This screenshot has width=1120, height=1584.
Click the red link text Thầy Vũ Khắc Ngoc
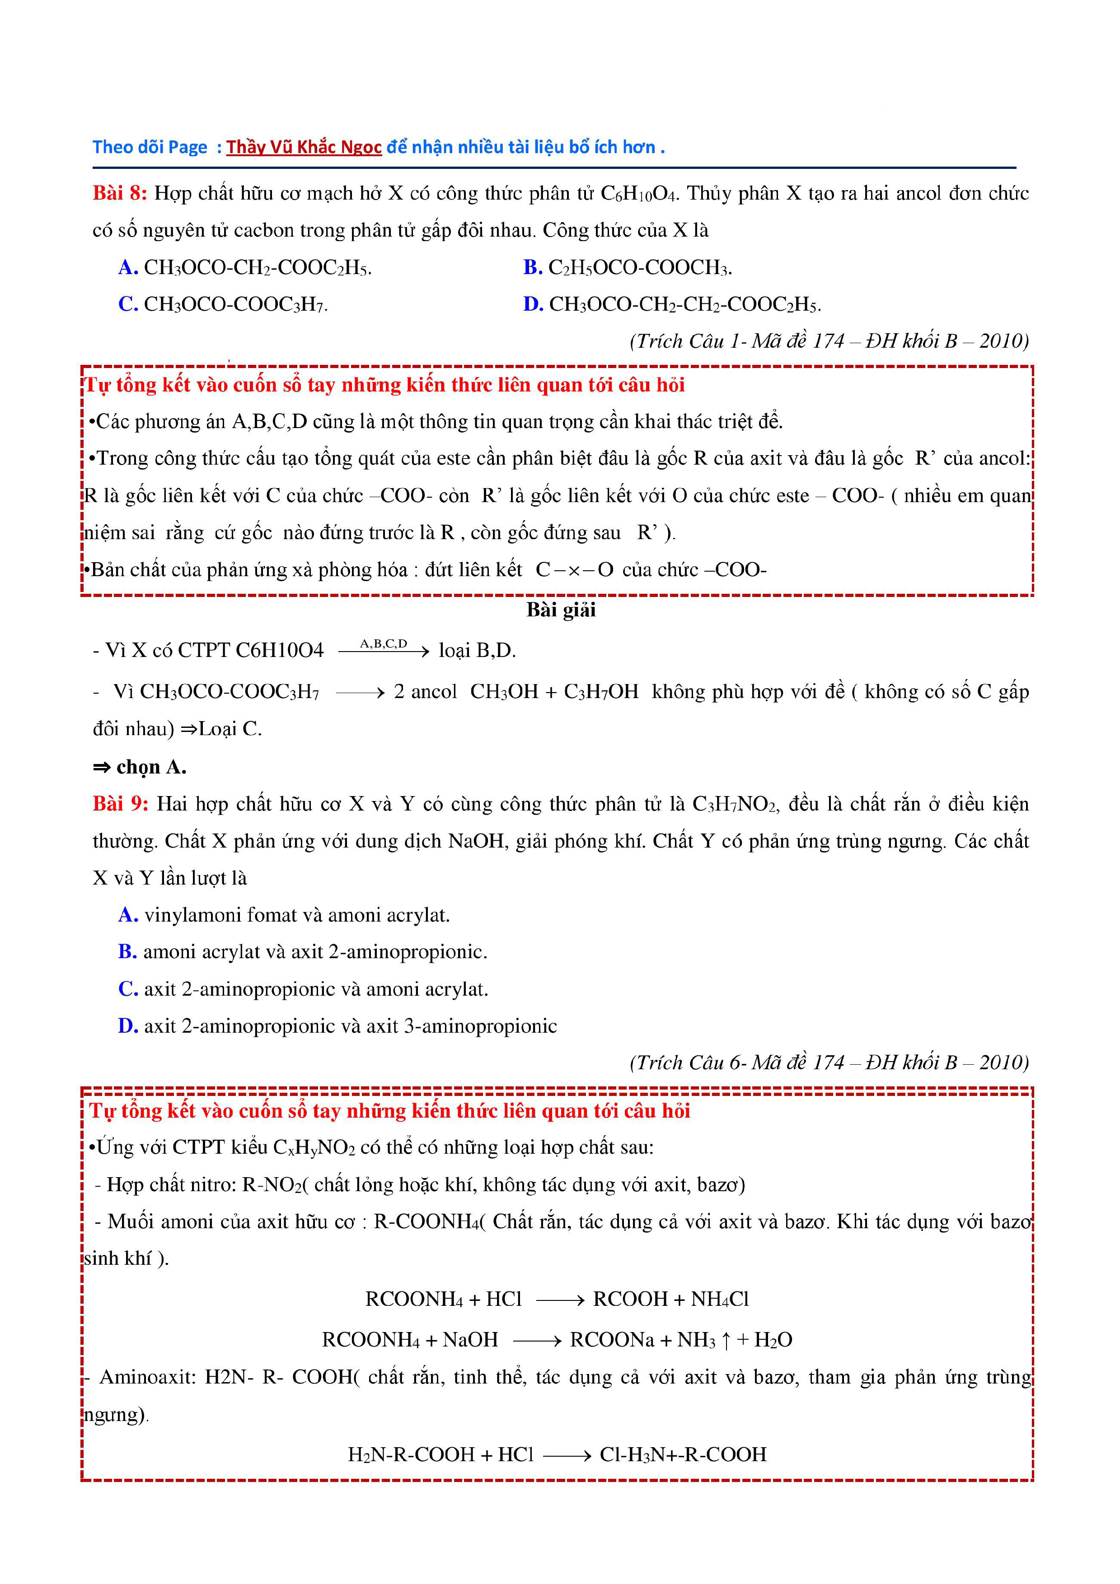pos(304,147)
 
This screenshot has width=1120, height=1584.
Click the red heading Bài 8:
pos(119,193)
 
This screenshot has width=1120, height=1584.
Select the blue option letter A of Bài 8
pos(128,268)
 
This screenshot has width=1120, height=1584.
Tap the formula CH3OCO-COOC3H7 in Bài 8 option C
pos(234,304)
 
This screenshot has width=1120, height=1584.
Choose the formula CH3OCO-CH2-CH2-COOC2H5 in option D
pos(684,304)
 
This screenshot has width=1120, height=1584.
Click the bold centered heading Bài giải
pos(560,610)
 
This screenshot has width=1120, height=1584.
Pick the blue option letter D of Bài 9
pos(128,1026)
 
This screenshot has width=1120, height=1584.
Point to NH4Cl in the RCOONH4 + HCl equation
pos(720,1299)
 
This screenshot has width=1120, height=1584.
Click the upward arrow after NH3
pos(726,1340)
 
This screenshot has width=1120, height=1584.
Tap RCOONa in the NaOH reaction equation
pos(611,1340)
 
